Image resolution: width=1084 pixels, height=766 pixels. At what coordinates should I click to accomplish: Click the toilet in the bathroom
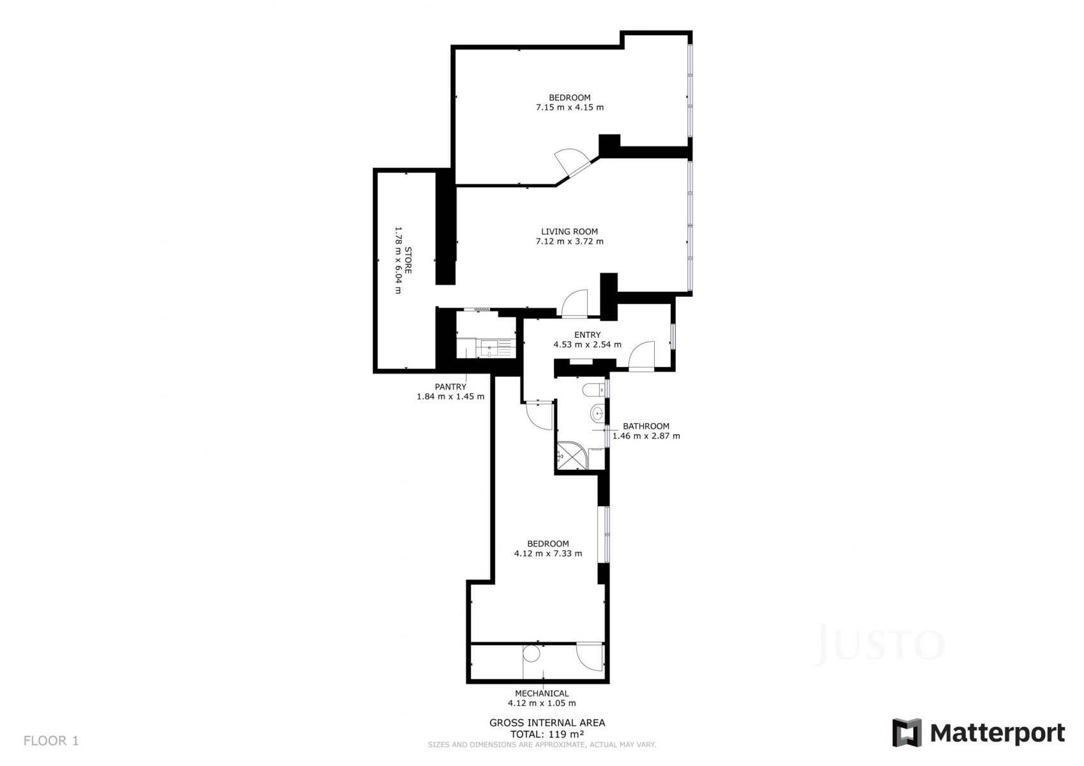coord(594,389)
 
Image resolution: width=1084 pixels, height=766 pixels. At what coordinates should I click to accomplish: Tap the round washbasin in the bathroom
coord(597,414)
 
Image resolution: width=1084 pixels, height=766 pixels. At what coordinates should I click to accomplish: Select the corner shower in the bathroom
coord(572,455)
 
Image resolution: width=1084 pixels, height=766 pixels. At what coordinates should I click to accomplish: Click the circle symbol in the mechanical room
coord(531,654)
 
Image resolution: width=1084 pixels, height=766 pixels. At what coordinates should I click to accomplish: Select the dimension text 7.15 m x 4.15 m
coord(570,107)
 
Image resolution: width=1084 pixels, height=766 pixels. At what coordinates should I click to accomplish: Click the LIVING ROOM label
coord(570,232)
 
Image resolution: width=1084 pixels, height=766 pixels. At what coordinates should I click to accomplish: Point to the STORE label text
coord(408,260)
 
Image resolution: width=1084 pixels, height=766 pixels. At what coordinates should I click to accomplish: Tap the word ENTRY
coord(588,334)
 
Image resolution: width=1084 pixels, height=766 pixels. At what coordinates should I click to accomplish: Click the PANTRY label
coord(450,387)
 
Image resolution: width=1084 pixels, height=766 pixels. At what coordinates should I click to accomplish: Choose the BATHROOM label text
coord(646,426)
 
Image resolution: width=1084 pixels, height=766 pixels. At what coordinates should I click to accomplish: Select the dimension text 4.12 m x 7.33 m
coord(548,553)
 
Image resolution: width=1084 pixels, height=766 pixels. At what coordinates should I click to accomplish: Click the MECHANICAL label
coord(542,693)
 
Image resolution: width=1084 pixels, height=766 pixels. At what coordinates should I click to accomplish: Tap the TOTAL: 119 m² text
coord(547,734)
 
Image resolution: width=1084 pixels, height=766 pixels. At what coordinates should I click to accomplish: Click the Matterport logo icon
coord(907,733)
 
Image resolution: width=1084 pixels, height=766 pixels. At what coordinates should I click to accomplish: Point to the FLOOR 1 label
coord(51,740)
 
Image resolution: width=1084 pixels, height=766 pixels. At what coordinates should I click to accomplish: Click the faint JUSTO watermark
coord(880,645)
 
